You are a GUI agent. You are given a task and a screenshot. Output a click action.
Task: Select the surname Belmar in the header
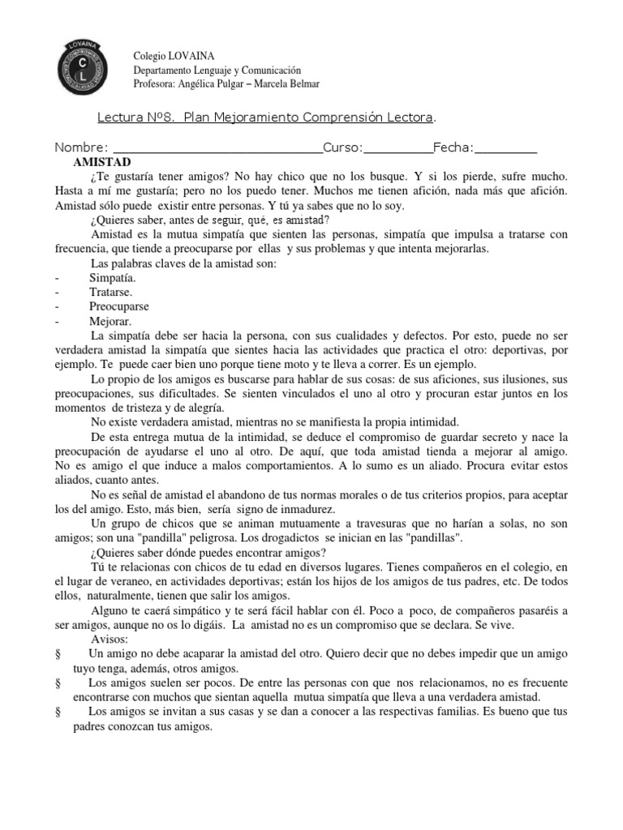(x=303, y=83)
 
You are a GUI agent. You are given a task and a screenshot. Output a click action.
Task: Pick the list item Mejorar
(x=109, y=321)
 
